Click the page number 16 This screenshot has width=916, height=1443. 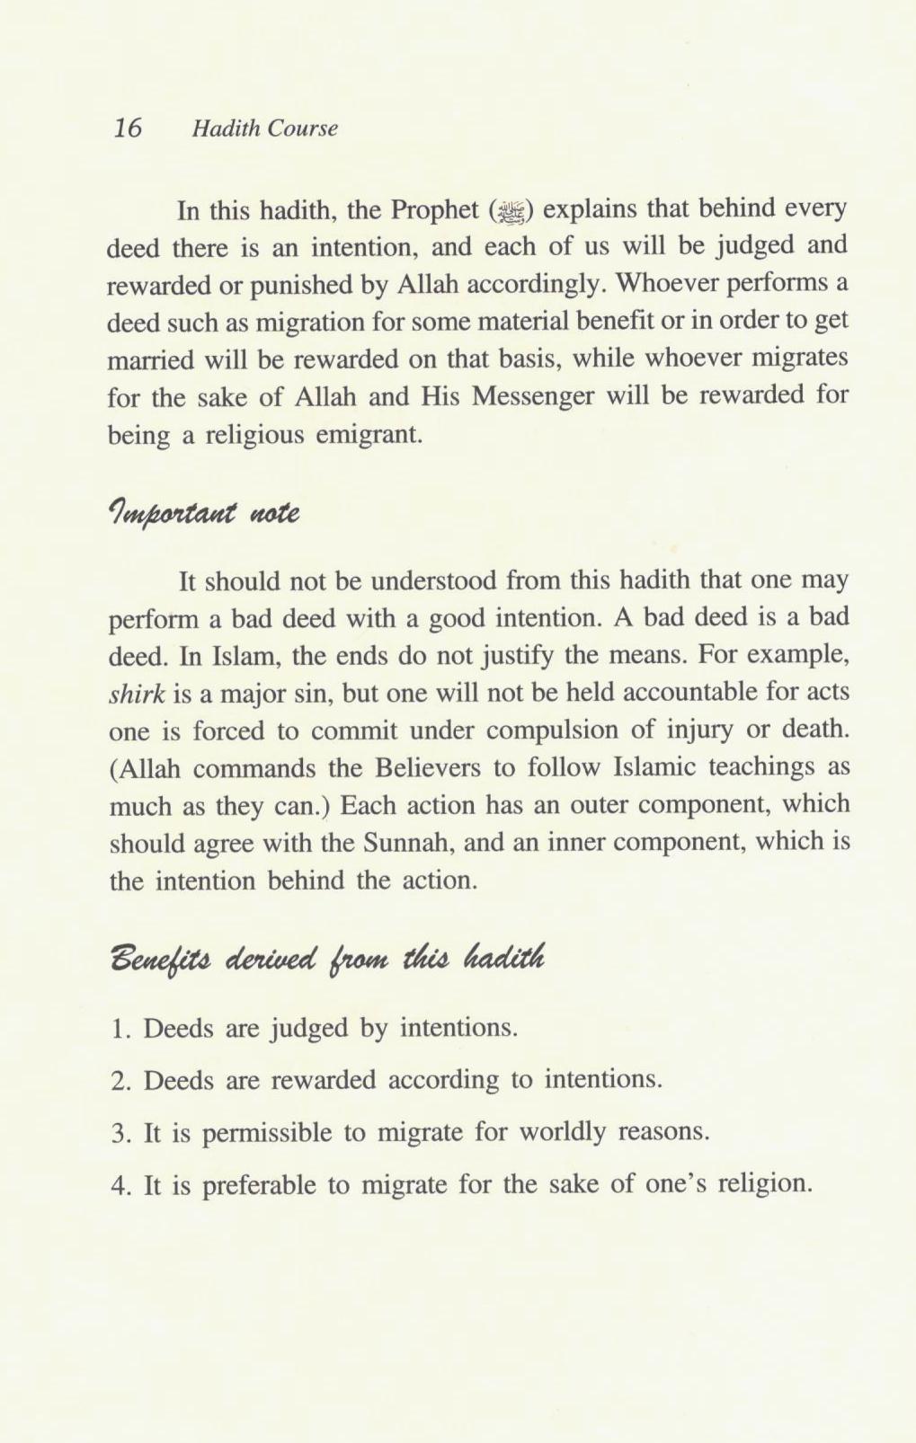tap(129, 128)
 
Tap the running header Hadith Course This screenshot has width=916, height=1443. tap(265, 128)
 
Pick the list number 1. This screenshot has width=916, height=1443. tap(120, 1028)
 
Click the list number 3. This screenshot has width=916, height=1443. tap(120, 1132)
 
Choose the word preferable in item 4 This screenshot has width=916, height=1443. tap(262, 1185)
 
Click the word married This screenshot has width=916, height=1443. tap(149, 359)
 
